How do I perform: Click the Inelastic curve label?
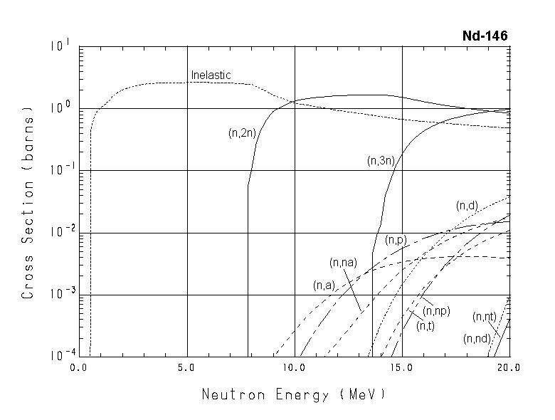pos(211,75)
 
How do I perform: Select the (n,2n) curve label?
pos(242,132)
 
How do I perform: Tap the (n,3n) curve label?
pos(381,161)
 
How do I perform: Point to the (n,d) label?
pos(467,206)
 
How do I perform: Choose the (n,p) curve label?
pos(396,240)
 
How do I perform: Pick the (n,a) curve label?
pos(324,285)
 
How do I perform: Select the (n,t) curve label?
pos(425,325)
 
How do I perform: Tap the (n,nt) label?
pos(484,316)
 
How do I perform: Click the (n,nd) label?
pos(476,339)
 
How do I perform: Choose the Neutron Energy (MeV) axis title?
pos(294,394)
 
